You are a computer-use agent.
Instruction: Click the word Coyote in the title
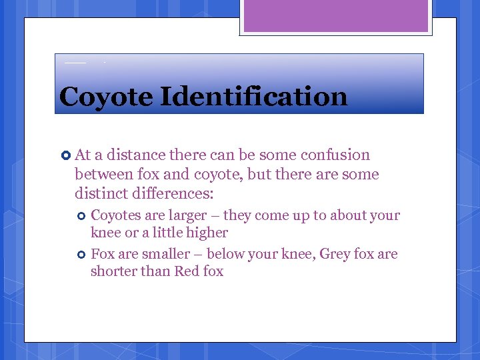click(105, 97)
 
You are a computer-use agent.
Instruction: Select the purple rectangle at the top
click(335, 16)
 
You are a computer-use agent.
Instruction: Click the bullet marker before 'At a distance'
click(65, 155)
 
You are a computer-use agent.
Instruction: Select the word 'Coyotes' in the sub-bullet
click(115, 215)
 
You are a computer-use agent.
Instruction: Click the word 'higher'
click(209, 233)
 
